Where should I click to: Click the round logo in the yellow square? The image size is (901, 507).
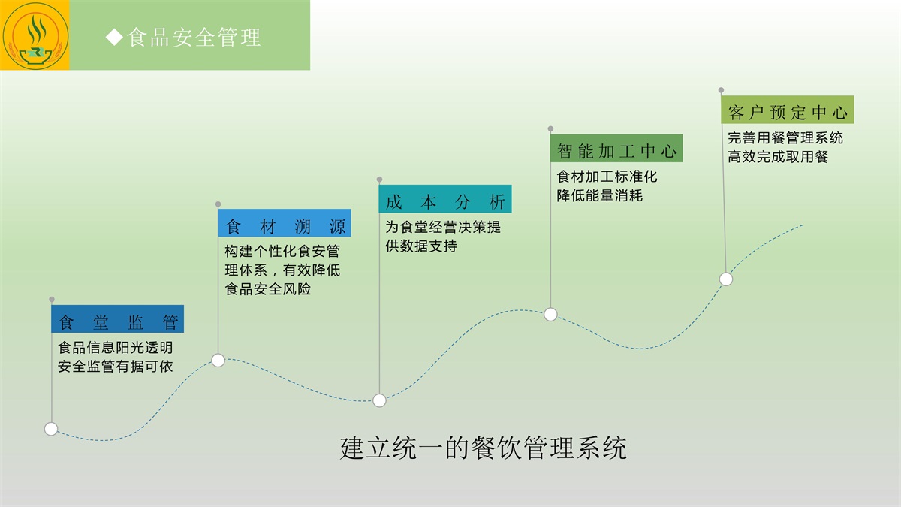point(35,35)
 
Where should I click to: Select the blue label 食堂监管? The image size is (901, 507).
point(118,322)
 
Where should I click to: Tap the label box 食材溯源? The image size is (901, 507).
point(285,226)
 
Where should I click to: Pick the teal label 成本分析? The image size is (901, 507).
point(445,201)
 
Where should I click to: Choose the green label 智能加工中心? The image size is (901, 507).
point(616,150)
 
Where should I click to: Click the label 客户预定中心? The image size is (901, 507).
point(788,113)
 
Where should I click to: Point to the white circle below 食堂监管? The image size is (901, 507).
point(51,429)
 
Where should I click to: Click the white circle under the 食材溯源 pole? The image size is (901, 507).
point(218,361)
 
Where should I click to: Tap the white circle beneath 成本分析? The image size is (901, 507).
point(379,400)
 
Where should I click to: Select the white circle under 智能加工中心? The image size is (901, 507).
point(550,315)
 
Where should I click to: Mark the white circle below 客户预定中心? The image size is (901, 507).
point(725,279)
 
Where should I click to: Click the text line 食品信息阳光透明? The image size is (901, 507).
point(116,348)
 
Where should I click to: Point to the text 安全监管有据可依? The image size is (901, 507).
point(116,367)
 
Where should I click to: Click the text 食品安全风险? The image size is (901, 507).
point(268,289)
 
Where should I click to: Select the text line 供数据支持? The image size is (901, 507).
point(421,246)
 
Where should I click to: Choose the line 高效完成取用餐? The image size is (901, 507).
point(778,157)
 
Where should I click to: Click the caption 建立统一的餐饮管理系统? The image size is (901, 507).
point(483,448)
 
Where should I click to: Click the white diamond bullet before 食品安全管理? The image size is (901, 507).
point(114,37)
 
